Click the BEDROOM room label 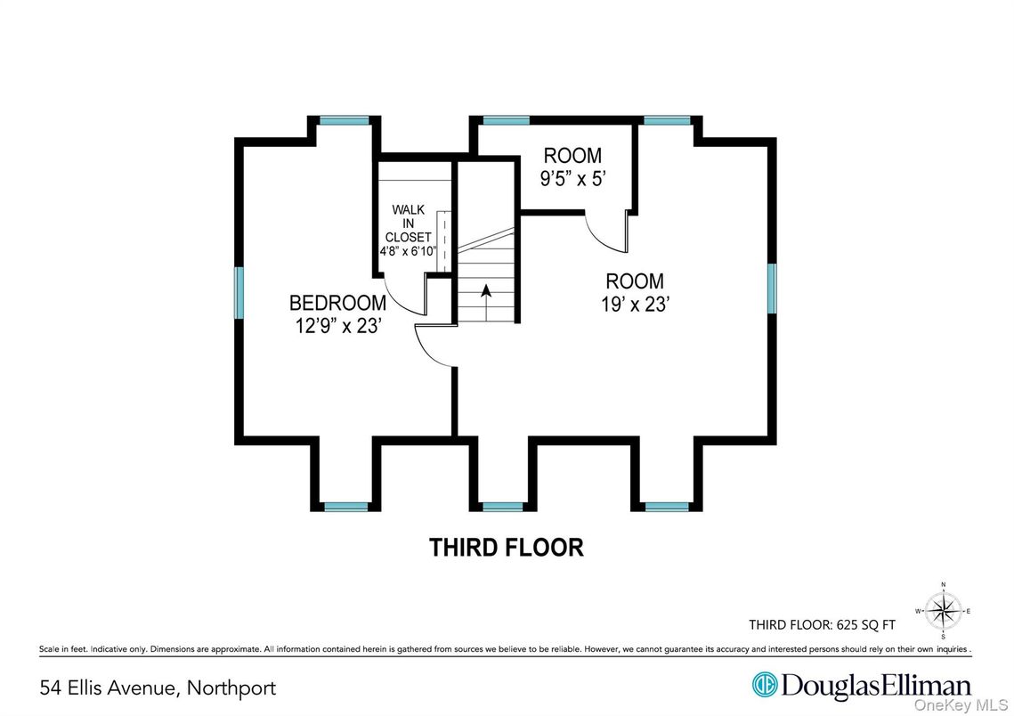coord(337,303)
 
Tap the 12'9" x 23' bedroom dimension coord(337,325)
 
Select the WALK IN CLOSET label coord(408,224)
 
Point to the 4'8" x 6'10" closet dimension coord(409,251)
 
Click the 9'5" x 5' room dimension coord(573,178)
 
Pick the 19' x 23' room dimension coord(635,304)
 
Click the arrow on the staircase coord(486,301)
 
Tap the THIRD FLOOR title coord(507,547)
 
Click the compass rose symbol coord(943,611)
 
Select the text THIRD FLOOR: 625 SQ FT coord(822,625)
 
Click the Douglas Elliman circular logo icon coord(765,684)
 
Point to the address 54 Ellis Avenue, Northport coord(158,688)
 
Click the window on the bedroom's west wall coord(239,292)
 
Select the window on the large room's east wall coord(772,288)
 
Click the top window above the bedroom coord(344,120)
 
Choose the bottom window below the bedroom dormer coord(346,507)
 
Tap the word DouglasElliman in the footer coord(876,685)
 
